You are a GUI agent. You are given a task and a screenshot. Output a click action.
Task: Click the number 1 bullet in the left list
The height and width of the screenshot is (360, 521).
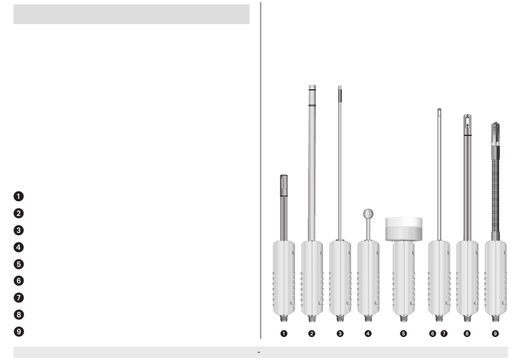[19, 196]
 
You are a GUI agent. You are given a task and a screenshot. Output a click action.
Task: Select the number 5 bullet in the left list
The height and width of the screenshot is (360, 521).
[19, 264]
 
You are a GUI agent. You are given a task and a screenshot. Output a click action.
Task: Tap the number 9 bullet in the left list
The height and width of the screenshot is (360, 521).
[19, 332]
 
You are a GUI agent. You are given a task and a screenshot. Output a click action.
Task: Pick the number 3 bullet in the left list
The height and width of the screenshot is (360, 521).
[19, 230]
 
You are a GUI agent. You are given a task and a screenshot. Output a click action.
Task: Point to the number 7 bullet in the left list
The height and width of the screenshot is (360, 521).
[19, 298]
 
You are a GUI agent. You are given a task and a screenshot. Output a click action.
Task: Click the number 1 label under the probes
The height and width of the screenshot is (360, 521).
[284, 334]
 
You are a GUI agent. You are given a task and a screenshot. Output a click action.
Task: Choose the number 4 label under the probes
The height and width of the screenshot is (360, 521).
[368, 334]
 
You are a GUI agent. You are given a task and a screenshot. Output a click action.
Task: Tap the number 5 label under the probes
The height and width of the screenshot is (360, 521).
[404, 334]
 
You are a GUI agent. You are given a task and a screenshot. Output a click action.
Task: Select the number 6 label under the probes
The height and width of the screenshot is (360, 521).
[432, 334]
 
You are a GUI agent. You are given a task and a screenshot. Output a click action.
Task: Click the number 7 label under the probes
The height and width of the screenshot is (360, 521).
[444, 334]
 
